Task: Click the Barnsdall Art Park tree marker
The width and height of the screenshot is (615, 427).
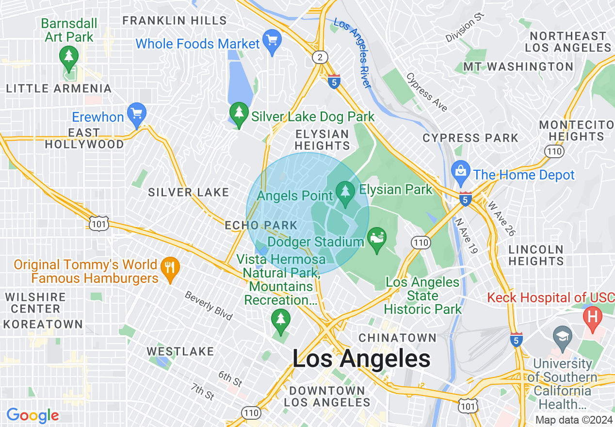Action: tap(68, 56)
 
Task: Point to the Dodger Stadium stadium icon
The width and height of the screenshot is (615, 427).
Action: tap(377, 238)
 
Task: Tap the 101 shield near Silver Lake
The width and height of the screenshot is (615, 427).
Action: tap(99, 223)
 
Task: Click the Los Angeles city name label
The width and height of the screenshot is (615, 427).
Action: tap(361, 359)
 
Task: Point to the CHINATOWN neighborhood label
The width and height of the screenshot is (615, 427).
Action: tap(397, 337)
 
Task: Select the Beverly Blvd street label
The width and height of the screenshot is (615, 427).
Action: tap(209, 306)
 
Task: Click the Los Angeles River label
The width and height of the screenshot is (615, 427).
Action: tap(353, 53)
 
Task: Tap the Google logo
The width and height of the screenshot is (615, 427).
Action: tap(32, 415)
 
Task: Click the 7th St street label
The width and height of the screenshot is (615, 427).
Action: tap(203, 391)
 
